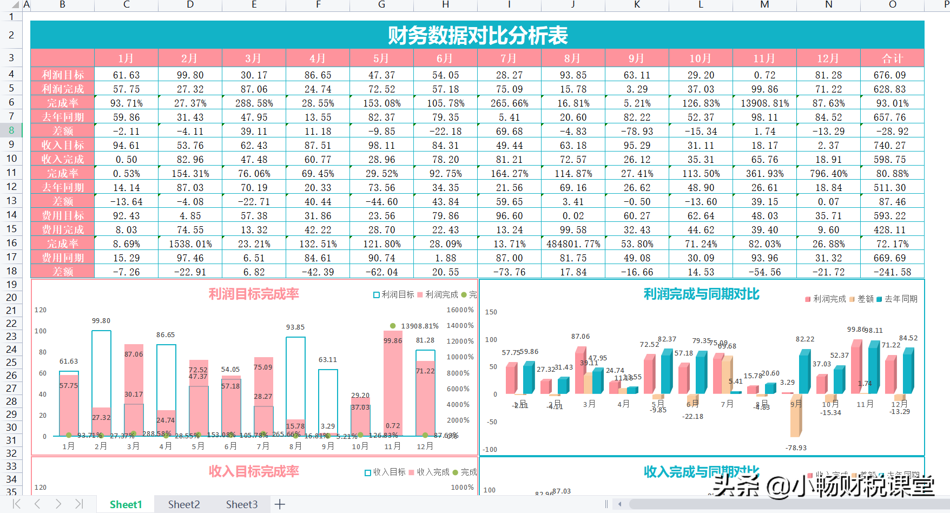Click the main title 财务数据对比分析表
(477, 36)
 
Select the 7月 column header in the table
(509, 58)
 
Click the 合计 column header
(892, 58)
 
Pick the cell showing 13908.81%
(764, 103)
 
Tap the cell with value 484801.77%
(573, 244)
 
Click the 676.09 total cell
(892, 75)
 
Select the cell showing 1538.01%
(190, 244)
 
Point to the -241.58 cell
(892, 272)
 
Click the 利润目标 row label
(63, 75)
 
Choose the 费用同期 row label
(63, 258)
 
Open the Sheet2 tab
(183, 504)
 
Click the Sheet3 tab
(241, 504)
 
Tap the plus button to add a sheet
(280, 504)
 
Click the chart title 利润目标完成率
(254, 294)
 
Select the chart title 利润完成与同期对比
(701, 294)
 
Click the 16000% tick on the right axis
(460, 310)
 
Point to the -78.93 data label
(796, 448)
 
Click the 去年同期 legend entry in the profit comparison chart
(900, 299)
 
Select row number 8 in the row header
(11, 130)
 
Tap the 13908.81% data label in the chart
(419, 326)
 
